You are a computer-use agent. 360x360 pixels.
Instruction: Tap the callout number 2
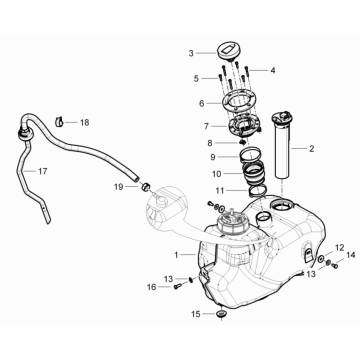point(311,150)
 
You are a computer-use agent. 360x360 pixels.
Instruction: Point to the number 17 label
point(271,70)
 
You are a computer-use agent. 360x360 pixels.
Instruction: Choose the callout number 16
point(153,288)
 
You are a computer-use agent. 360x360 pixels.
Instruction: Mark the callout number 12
point(312,246)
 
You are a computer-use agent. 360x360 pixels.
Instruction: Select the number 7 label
point(206,127)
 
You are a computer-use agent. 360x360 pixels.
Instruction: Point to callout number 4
point(271,70)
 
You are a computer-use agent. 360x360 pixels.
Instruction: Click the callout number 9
point(211,157)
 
